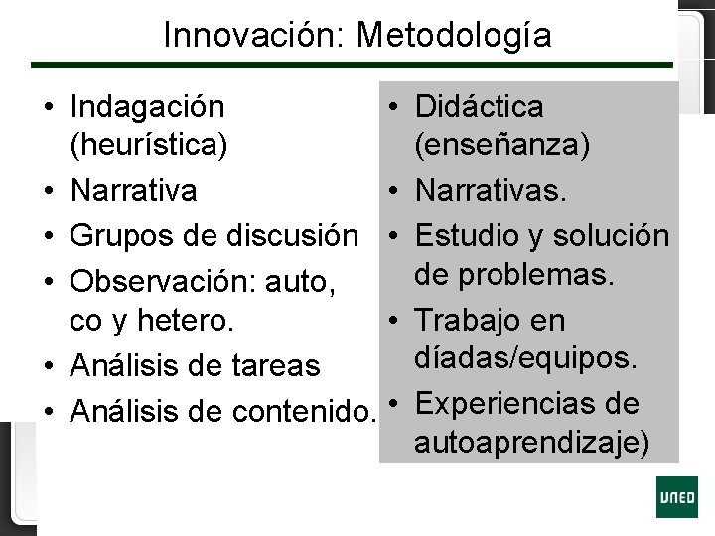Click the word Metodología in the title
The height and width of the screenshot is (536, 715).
point(454,36)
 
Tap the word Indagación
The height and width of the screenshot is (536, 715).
point(148,105)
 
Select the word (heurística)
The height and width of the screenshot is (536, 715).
point(150,146)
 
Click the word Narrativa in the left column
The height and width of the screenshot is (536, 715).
point(133,189)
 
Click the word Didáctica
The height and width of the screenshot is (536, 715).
point(480,106)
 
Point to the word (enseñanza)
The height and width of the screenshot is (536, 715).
point(503,146)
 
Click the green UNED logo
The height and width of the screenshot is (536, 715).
point(676,496)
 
